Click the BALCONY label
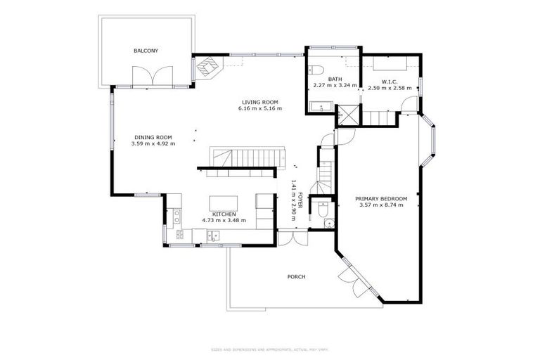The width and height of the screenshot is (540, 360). pos(146,51)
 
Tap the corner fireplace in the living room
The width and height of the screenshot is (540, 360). pos(207,67)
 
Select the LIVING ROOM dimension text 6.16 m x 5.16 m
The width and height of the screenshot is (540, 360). pos(260,108)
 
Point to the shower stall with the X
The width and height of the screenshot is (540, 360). pos(346,115)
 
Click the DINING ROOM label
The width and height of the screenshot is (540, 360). pos(153,137)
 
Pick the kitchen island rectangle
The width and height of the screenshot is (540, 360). pos(223,205)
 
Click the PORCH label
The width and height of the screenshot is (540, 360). pos(296,276)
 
